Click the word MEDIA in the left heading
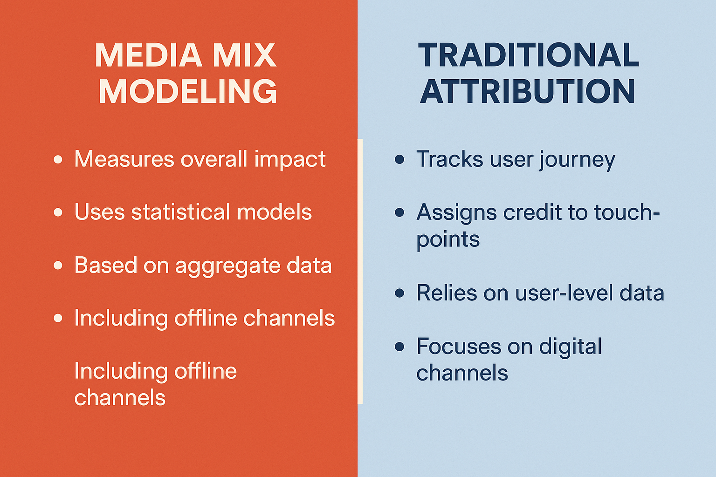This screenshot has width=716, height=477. click(148, 55)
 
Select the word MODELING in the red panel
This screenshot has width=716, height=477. click(188, 91)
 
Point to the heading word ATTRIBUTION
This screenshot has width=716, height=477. click(527, 91)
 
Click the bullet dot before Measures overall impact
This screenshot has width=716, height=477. click(58, 159)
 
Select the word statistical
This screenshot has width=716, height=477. click(180, 212)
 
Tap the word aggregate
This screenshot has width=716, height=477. click(227, 266)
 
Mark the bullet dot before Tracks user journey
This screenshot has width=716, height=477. click(399, 159)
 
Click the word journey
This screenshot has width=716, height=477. click(577, 160)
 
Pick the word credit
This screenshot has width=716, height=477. click(532, 212)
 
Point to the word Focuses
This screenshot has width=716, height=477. click(459, 346)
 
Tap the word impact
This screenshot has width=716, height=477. click(290, 160)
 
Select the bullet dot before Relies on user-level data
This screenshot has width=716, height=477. click(399, 293)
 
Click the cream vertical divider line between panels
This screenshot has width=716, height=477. click(360, 272)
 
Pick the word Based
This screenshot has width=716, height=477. click(106, 265)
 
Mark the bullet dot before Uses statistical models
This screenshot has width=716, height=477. click(58, 212)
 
